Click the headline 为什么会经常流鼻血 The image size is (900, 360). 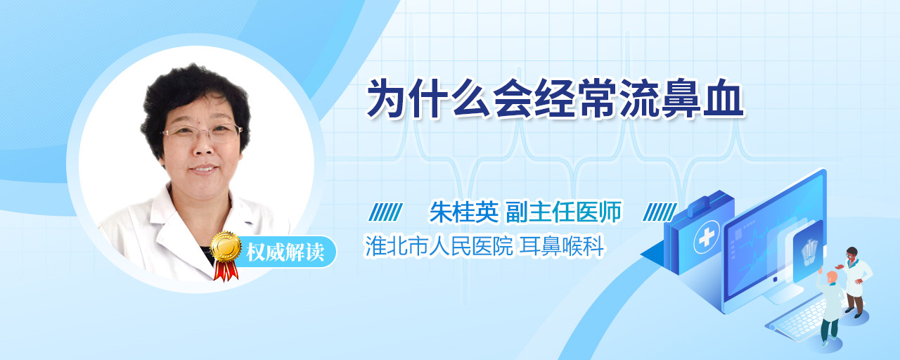tap(555, 98)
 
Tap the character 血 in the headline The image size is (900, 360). tap(724, 98)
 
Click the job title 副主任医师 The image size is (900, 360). tap(564, 212)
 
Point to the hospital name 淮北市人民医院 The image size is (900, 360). tap(438, 246)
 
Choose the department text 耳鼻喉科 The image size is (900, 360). tap(562, 246)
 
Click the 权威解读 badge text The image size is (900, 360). tap(285, 252)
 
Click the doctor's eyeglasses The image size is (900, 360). tap(202, 132)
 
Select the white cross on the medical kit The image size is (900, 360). tap(707, 238)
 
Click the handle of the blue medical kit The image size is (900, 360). tap(707, 202)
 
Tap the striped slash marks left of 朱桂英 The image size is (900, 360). tap(386, 212)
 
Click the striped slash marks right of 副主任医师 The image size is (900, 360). tap(660, 212)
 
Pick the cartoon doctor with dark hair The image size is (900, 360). tap(854, 282)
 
